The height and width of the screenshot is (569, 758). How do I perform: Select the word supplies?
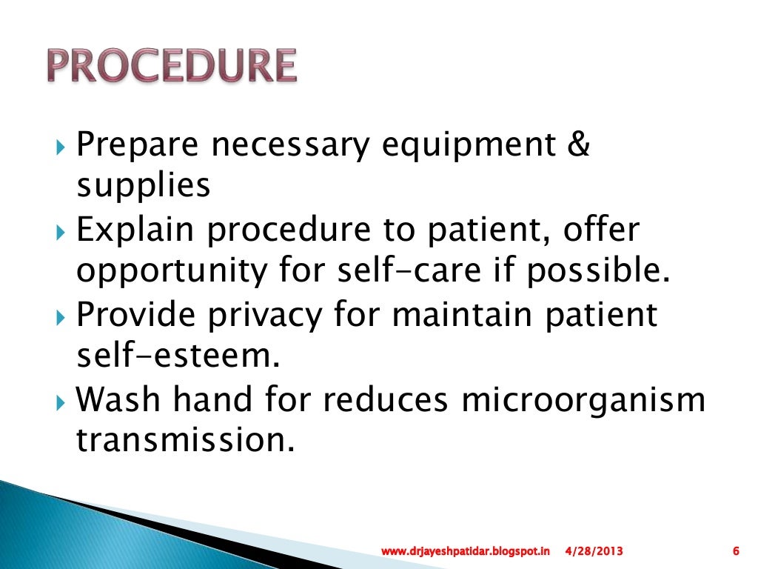[x=144, y=187]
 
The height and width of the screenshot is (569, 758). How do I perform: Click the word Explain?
[x=136, y=231]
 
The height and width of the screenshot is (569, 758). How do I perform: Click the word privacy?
[x=258, y=316]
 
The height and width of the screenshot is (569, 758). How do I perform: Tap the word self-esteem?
[x=178, y=357]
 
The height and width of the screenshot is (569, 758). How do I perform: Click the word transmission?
[x=181, y=442]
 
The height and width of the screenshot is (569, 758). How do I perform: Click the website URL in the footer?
[x=466, y=551]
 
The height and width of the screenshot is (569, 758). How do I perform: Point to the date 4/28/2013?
[x=594, y=551]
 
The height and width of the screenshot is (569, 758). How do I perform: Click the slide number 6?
[x=735, y=551]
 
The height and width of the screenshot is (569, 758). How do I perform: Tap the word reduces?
[x=384, y=400]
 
